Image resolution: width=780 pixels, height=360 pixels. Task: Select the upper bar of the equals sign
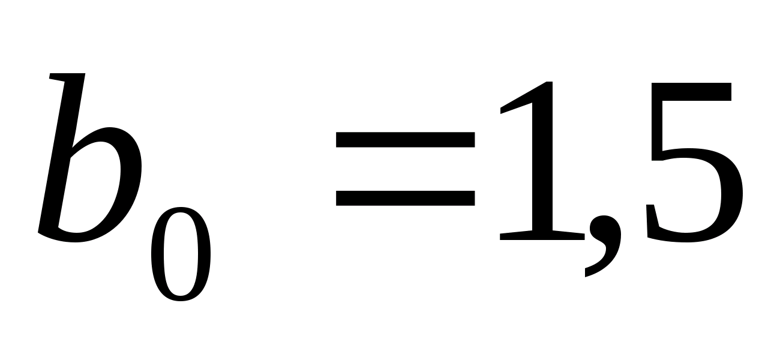[x=406, y=140]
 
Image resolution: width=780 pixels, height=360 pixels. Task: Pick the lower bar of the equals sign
[x=406, y=197]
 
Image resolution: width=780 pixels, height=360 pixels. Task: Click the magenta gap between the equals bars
[x=406, y=169]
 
